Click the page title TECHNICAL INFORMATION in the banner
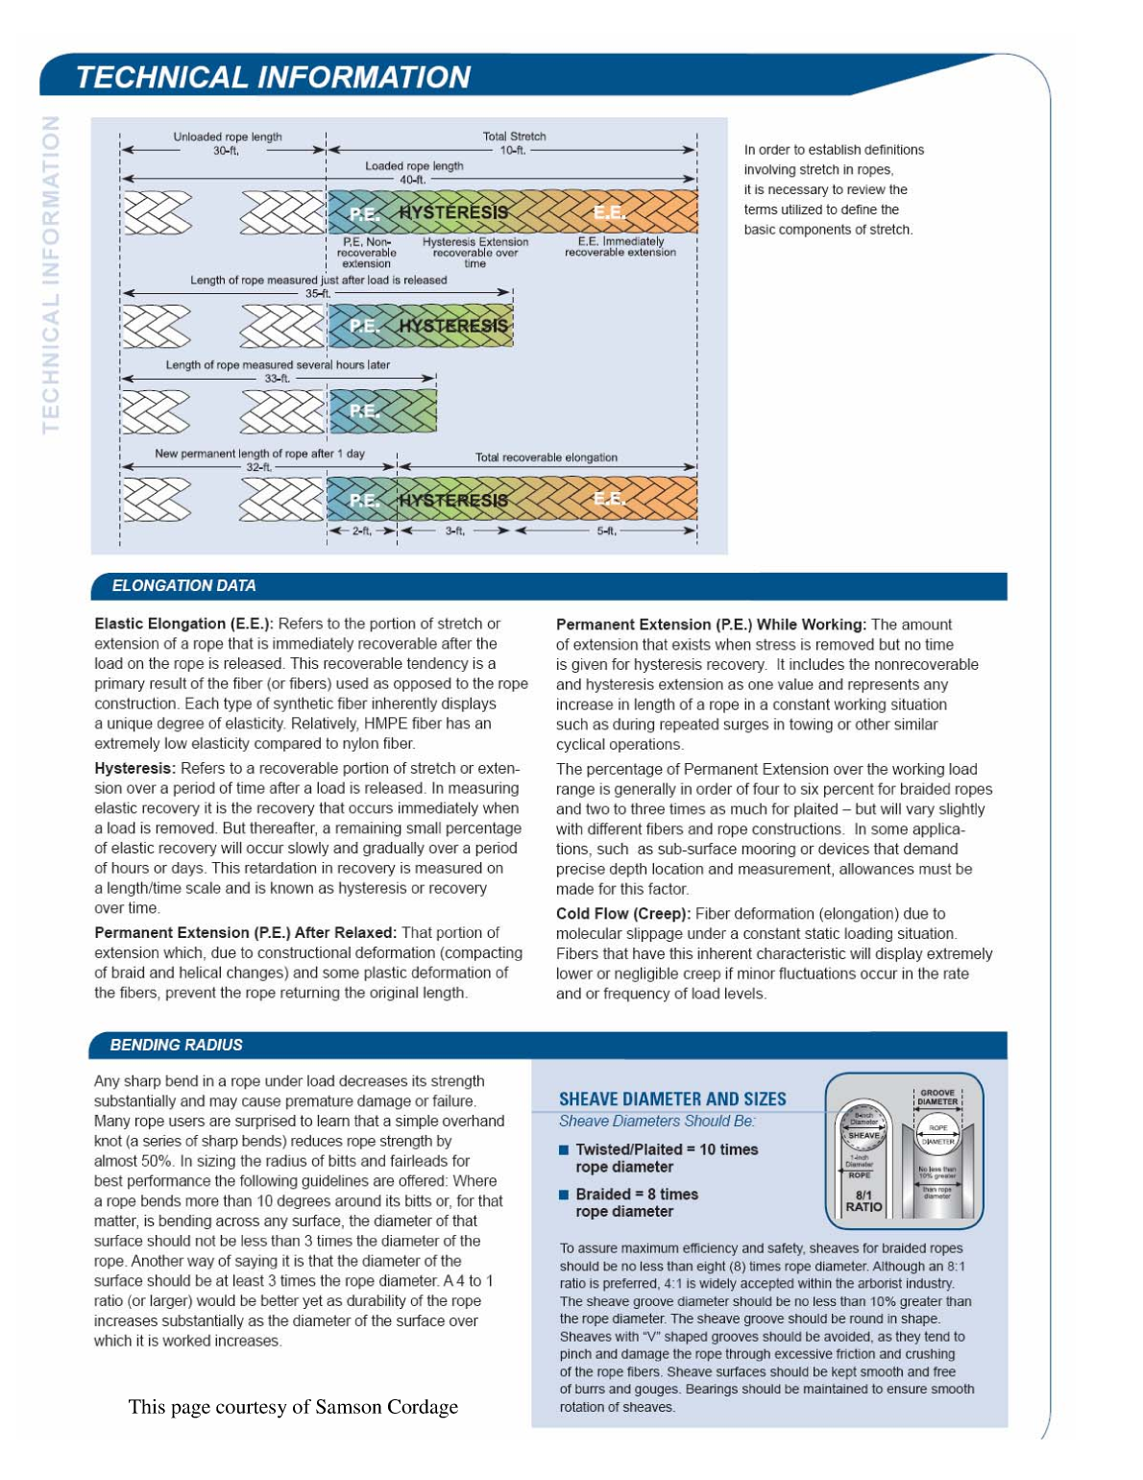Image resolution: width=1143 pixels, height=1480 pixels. pyautogui.click(x=273, y=77)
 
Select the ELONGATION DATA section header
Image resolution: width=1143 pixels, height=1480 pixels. pyautogui.click(x=183, y=585)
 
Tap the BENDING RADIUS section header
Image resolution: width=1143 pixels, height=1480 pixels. pyautogui.click(x=176, y=1045)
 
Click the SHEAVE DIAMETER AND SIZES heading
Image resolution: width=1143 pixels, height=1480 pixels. pyautogui.click(x=672, y=1098)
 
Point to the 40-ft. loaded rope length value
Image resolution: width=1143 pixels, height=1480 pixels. pyautogui.click(x=412, y=180)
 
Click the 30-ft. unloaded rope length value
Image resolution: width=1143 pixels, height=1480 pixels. pyautogui.click(x=226, y=151)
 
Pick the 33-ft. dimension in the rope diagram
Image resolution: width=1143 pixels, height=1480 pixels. pyautogui.click(x=277, y=379)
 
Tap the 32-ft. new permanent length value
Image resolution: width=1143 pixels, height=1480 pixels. pyautogui.click(x=259, y=467)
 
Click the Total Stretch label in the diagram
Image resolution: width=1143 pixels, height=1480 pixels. pyautogui.click(x=514, y=136)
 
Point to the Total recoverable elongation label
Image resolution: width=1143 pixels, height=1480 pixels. pyautogui.click(x=546, y=457)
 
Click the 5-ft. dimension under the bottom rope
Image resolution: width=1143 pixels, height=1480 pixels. pyautogui.click(x=607, y=530)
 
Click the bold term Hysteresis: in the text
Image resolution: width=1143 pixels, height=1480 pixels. pyautogui.click(x=134, y=768)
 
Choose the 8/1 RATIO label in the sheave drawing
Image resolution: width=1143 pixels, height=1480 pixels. pyautogui.click(x=863, y=1201)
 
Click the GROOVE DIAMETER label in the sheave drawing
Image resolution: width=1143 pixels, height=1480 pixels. pyautogui.click(x=937, y=1098)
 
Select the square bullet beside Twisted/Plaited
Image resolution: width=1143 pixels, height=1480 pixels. pyautogui.click(x=564, y=1149)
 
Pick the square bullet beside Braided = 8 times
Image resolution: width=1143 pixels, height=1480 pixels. pyautogui.click(x=564, y=1195)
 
